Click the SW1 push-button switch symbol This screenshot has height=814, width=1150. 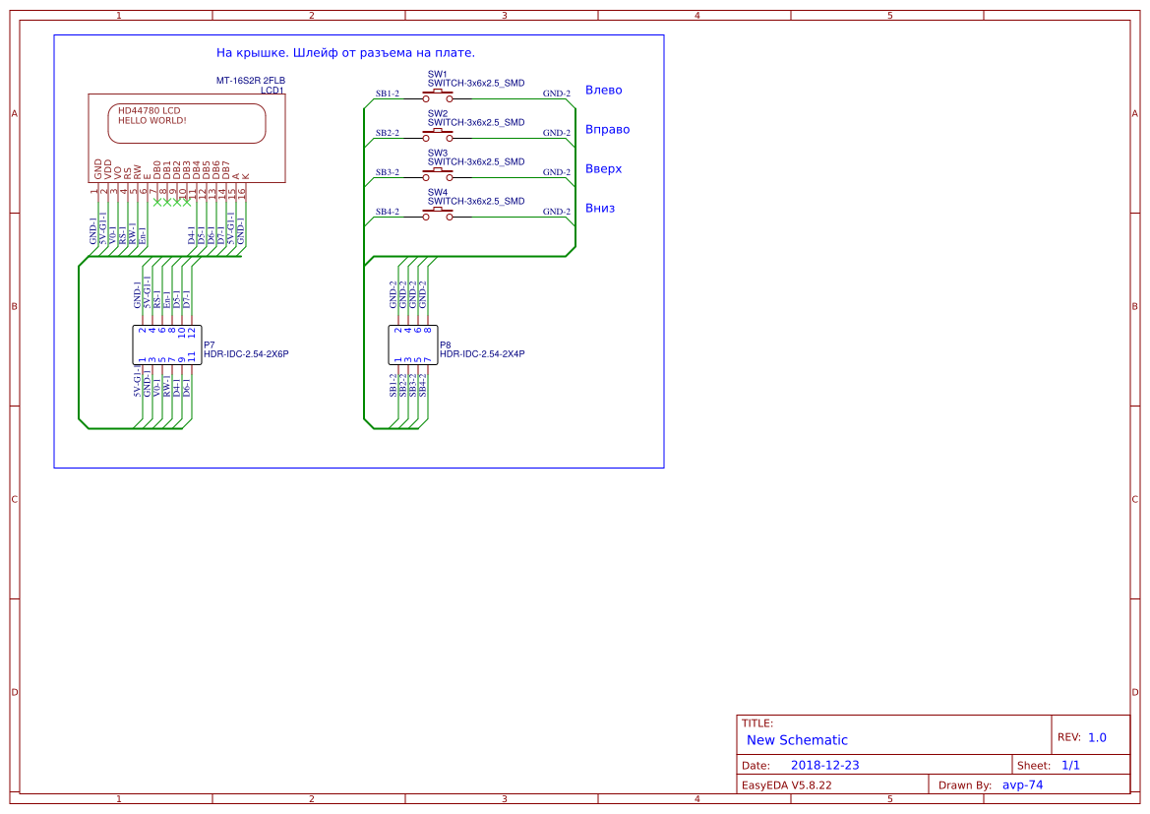tap(438, 96)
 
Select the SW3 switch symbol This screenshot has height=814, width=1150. tap(438, 175)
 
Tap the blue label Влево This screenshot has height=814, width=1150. tap(603, 91)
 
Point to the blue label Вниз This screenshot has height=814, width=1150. tap(599, 209)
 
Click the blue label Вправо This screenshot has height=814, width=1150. tap(607, 130)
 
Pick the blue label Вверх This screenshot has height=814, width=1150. tap(603, 169)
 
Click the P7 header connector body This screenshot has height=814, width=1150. tap(166, 344)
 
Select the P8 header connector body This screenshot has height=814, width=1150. tap(412, 344)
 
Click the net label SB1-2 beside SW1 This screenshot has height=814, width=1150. tap(387, 94)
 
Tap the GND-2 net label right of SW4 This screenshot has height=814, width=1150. tap(557, 212)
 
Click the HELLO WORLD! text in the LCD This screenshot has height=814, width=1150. tap(151, 121)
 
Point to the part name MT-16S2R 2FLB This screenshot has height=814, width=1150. tap(251, 81)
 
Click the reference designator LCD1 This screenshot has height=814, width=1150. tap(272, 91)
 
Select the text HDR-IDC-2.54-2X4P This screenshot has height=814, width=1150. tap(482, 354)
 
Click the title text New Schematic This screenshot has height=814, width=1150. tap(797, 740)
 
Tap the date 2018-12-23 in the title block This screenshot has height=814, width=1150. tap(825, 766)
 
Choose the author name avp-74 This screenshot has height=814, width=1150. tap(1022, 785)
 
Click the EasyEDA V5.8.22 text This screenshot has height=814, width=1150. tap(786, 785)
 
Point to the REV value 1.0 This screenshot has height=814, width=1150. tap(1097, 737)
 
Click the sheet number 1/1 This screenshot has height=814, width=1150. tap(1071, 766)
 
